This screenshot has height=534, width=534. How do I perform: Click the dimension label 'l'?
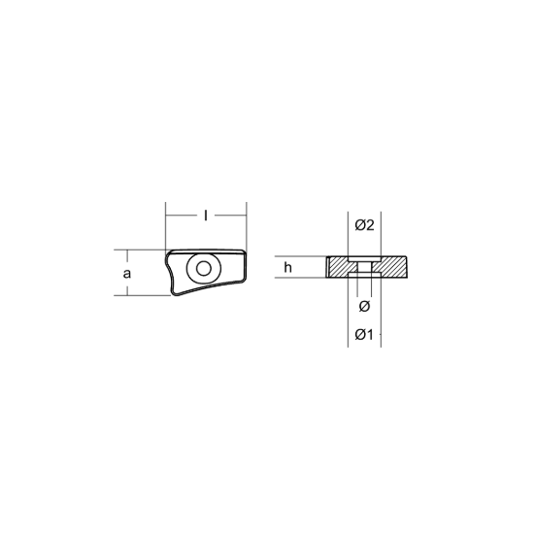click(x=206, y=216)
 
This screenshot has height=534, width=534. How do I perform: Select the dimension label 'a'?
click(x=126, y=274)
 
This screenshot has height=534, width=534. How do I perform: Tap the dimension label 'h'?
click(x=288, y=268)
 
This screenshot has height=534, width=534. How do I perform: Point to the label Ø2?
click(x=364, y=225)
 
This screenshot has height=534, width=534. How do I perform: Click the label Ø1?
click(x=364, y=335)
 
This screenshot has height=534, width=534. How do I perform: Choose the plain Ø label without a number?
click(x=364, y=307)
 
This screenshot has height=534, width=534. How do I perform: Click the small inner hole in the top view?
click(x=204, y=269)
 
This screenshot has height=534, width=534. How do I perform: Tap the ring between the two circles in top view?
click(x=192, y=269)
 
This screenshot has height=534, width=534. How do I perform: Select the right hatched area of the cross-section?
click(x=391, y=267)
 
